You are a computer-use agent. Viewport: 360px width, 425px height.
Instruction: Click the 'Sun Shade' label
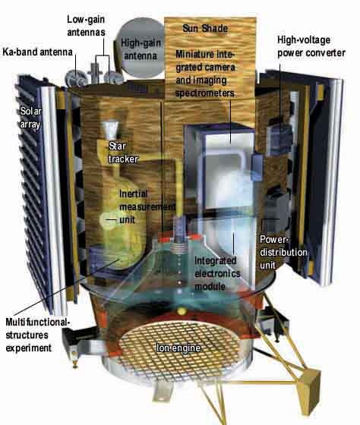tap(205, 28)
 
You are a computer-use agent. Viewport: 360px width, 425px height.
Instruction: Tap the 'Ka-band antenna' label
tap(37, 52)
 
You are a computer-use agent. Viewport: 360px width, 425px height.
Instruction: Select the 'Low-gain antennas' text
tap(86, 26)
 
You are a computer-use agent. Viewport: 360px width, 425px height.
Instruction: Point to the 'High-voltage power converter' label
tap(311, 46)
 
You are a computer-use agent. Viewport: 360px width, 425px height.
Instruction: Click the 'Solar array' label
tap(30, 118)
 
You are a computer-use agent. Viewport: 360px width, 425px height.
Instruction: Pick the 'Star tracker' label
tap(123, 153)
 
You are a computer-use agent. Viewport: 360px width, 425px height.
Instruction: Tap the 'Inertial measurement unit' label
tap(147, 206)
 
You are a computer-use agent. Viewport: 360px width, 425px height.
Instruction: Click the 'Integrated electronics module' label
tap(217, 273)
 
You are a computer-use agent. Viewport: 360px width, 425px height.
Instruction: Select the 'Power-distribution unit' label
tap(283, 252)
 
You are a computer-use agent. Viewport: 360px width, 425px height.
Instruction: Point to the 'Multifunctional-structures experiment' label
tap(38, 335)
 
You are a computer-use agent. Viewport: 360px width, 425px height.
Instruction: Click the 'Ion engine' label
tap(178, 348)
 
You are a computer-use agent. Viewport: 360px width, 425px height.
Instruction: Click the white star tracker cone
tap(110, 129)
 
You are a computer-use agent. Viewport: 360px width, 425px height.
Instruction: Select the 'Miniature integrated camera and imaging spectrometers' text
tap(205, 73)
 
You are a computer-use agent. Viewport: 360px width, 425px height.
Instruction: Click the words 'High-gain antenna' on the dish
tap(141, 49)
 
